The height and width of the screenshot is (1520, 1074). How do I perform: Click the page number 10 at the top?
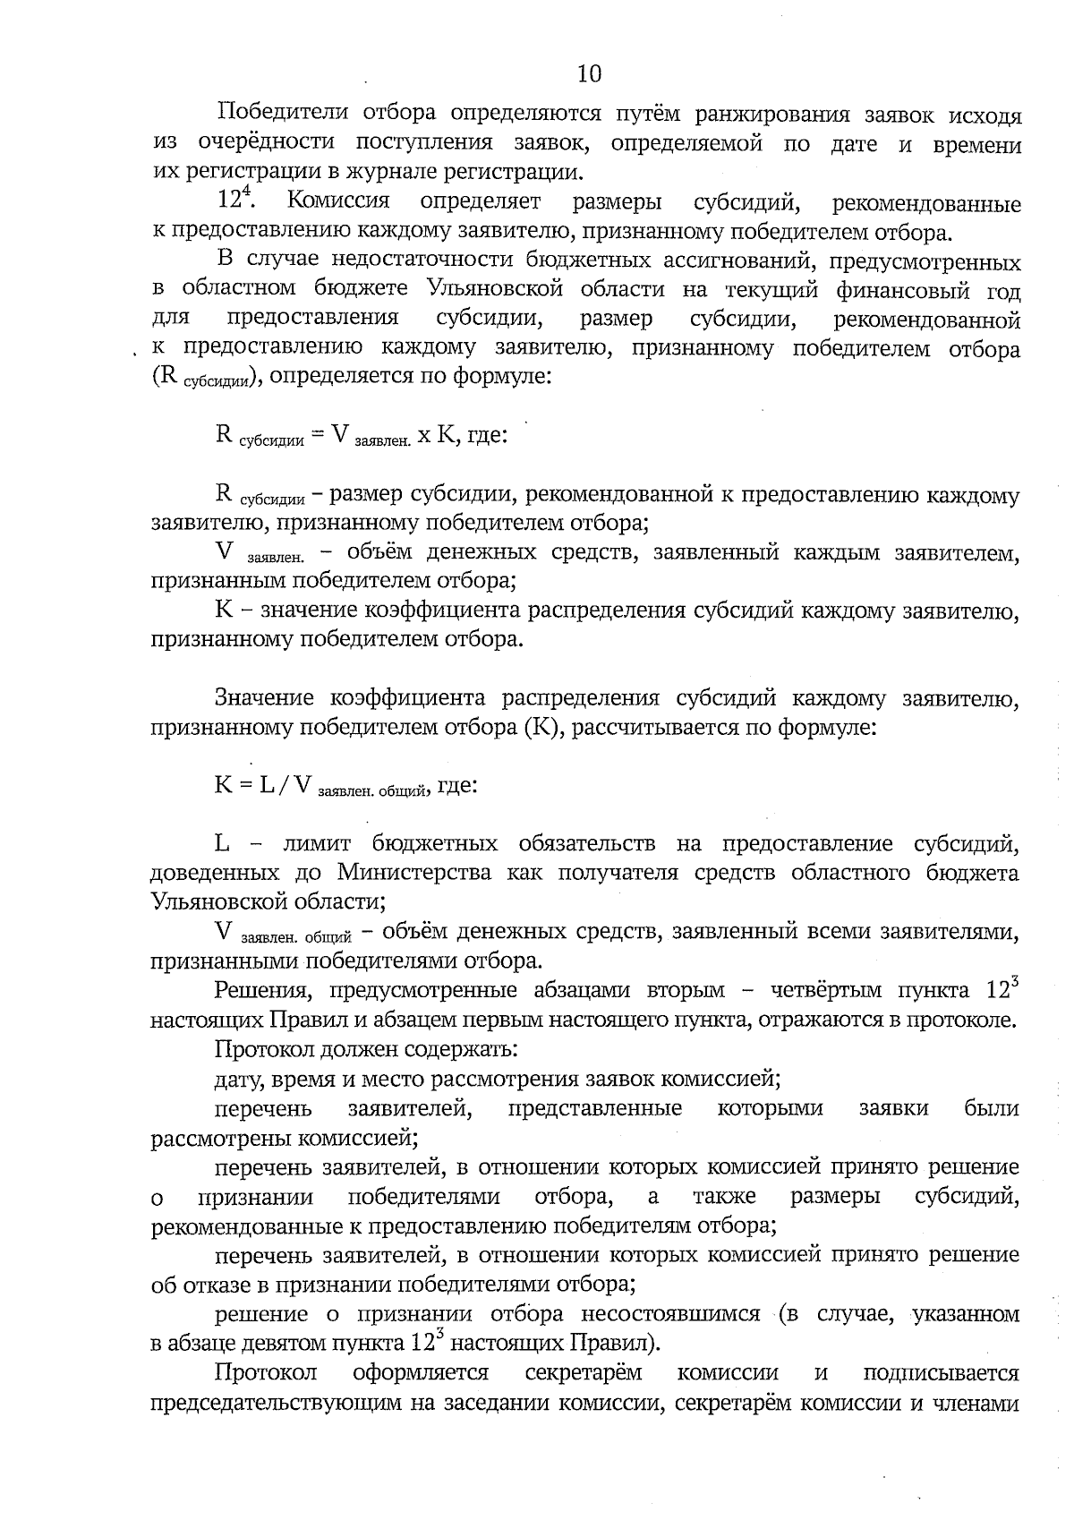(x=589, y=73)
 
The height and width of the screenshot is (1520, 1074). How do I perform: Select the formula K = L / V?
(x=345, y=786)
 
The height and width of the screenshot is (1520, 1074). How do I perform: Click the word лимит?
(x=315, y=844)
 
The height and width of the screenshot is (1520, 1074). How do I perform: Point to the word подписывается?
(x=940, y=1373)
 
